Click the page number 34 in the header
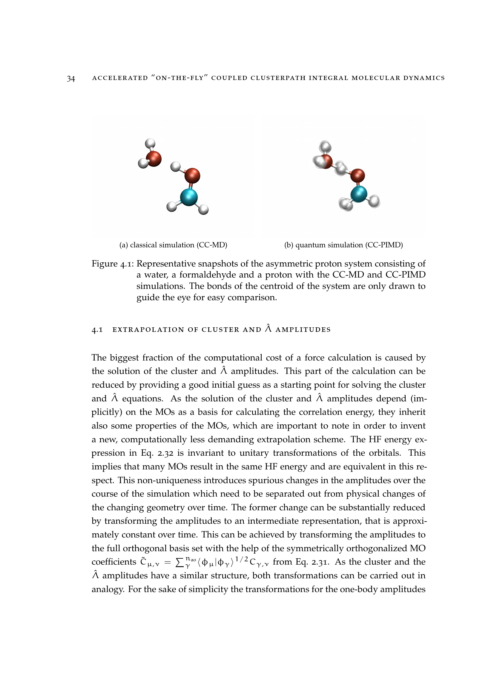coord(71,78)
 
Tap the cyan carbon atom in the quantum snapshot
coord(359,194)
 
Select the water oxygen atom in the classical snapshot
coord(154,158)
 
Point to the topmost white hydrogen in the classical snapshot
coord(150,143)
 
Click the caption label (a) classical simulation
coord(173,245)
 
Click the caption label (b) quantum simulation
coord(343,245)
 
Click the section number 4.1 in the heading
coord(97,330)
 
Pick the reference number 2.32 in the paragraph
coord(165,453)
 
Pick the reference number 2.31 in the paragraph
coord(320,562)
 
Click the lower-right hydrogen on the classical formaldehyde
coord(203,209)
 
